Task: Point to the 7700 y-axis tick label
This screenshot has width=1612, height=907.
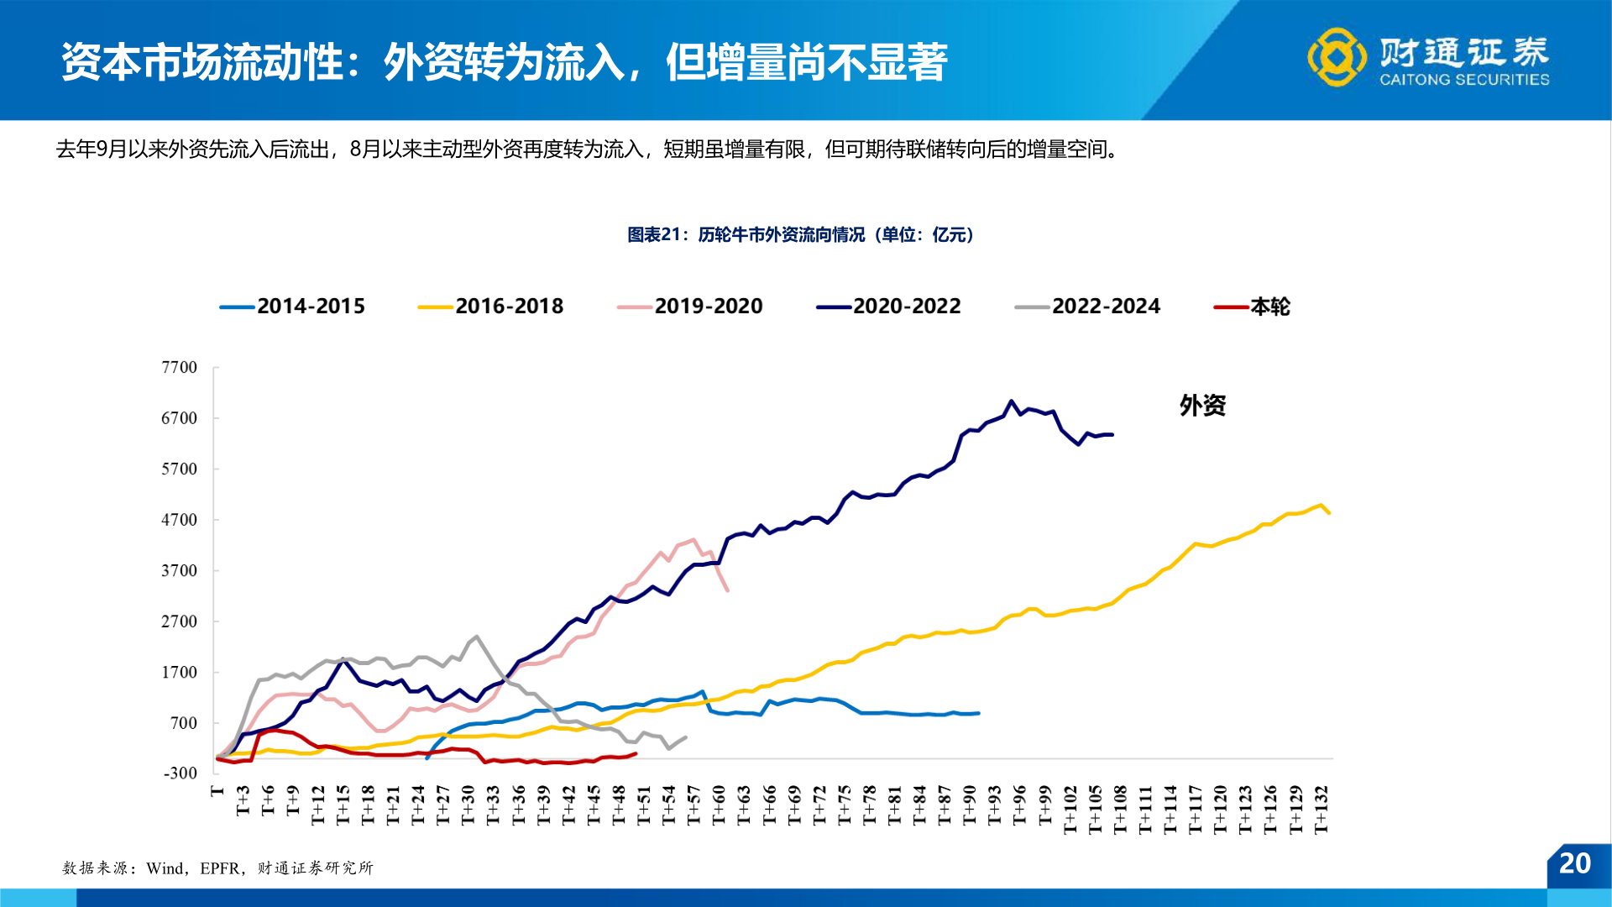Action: click(x=179, y=368)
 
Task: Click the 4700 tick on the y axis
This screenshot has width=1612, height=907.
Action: click(x=179, y=520)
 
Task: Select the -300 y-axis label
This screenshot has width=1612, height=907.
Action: click(x=181, y=773)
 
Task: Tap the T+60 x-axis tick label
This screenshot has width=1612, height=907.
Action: click(x=719, y=806)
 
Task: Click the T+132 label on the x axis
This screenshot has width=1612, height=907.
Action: click(x=1321, y=810)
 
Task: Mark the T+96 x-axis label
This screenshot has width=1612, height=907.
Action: click(x=1020, y=806)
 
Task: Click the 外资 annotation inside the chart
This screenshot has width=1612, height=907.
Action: click(x=1202, y=406)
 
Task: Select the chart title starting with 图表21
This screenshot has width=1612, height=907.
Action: click(x=800, y=235)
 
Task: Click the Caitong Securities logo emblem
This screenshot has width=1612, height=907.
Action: click(x=1336, y=57)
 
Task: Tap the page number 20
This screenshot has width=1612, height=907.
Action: click(x=1574, y=863)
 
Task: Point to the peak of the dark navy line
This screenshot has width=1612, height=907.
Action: click(x=1012, y=401)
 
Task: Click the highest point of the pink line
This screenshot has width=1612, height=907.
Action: click(x=693, y=540)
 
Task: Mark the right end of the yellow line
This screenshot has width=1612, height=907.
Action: click(x=1329, y=512)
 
